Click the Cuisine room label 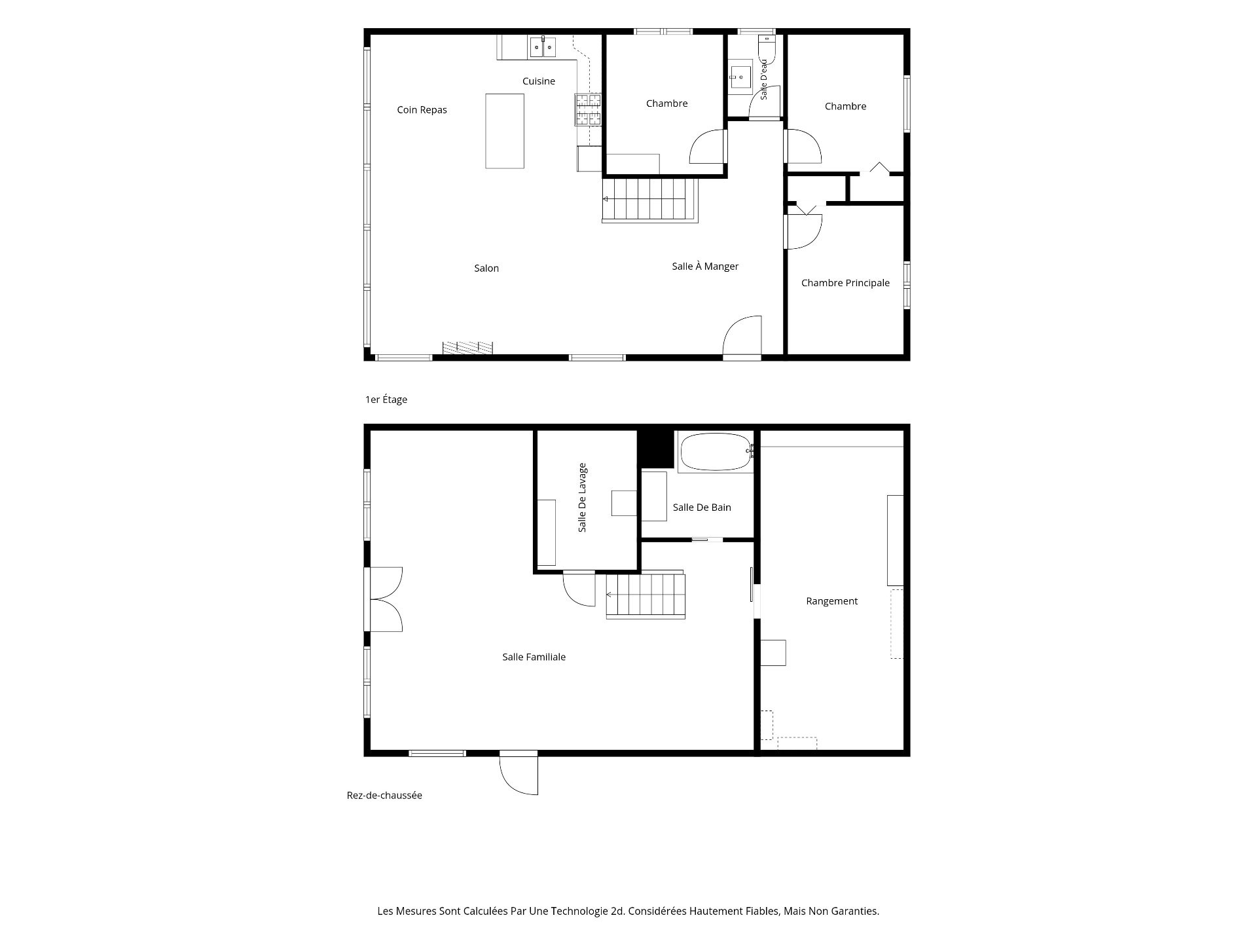click(539, 81)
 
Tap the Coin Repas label click(422, 110)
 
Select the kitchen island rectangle click(505, 131)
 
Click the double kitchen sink click(543, 46)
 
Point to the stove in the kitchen click(588, 109)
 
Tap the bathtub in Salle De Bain click(716, 451)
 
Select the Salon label click(486, 268)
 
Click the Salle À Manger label click(705, 267)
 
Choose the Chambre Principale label click(845, 283)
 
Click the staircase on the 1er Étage click(650, 200)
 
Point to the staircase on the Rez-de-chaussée click(646, 595)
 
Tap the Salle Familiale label click(534, 657)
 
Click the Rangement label click(831, 601)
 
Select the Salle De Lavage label click(583, 498)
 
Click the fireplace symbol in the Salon click(467, 348)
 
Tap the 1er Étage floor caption click(386, 399)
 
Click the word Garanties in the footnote click(853, 911)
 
